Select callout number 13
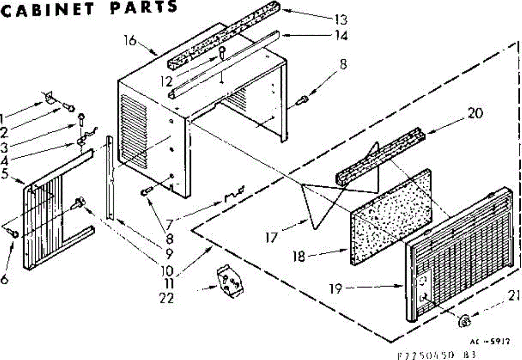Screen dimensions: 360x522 341,20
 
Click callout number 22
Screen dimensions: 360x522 167,298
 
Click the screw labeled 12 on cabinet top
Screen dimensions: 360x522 222,52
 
